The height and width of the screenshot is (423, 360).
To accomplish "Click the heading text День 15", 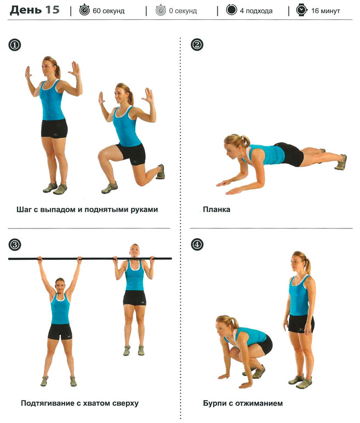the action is [35, 10].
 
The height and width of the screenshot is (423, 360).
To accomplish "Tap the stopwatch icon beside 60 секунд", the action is [84, 10].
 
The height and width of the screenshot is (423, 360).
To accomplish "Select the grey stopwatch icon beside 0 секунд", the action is [161, 10].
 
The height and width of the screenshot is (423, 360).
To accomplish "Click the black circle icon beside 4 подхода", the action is [231, 10].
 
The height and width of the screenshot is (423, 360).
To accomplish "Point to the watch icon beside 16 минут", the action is [301, 10].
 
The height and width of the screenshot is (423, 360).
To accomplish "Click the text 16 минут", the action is [325, 11].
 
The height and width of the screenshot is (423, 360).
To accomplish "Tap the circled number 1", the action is [15, 45].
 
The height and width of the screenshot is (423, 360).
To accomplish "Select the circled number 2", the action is [197, 45].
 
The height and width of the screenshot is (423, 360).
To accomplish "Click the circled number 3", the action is [15, 245].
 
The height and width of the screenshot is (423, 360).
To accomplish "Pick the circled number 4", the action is [197, 245].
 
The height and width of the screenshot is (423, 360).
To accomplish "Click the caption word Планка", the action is [216, 210].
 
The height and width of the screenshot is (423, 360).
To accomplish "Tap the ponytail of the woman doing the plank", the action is [245, 141].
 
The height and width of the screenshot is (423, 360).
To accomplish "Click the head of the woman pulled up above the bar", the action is [134, 250].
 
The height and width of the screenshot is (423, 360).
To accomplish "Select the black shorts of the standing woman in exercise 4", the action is [301, 324].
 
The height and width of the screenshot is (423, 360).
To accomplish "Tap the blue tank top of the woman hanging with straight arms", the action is [60, 309].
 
